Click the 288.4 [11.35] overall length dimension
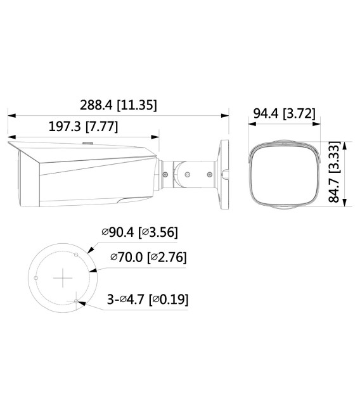(119, 105)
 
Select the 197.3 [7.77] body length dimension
(83, 126)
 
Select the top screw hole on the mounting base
(76, 255)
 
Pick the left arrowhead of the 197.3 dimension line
(10, 136)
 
